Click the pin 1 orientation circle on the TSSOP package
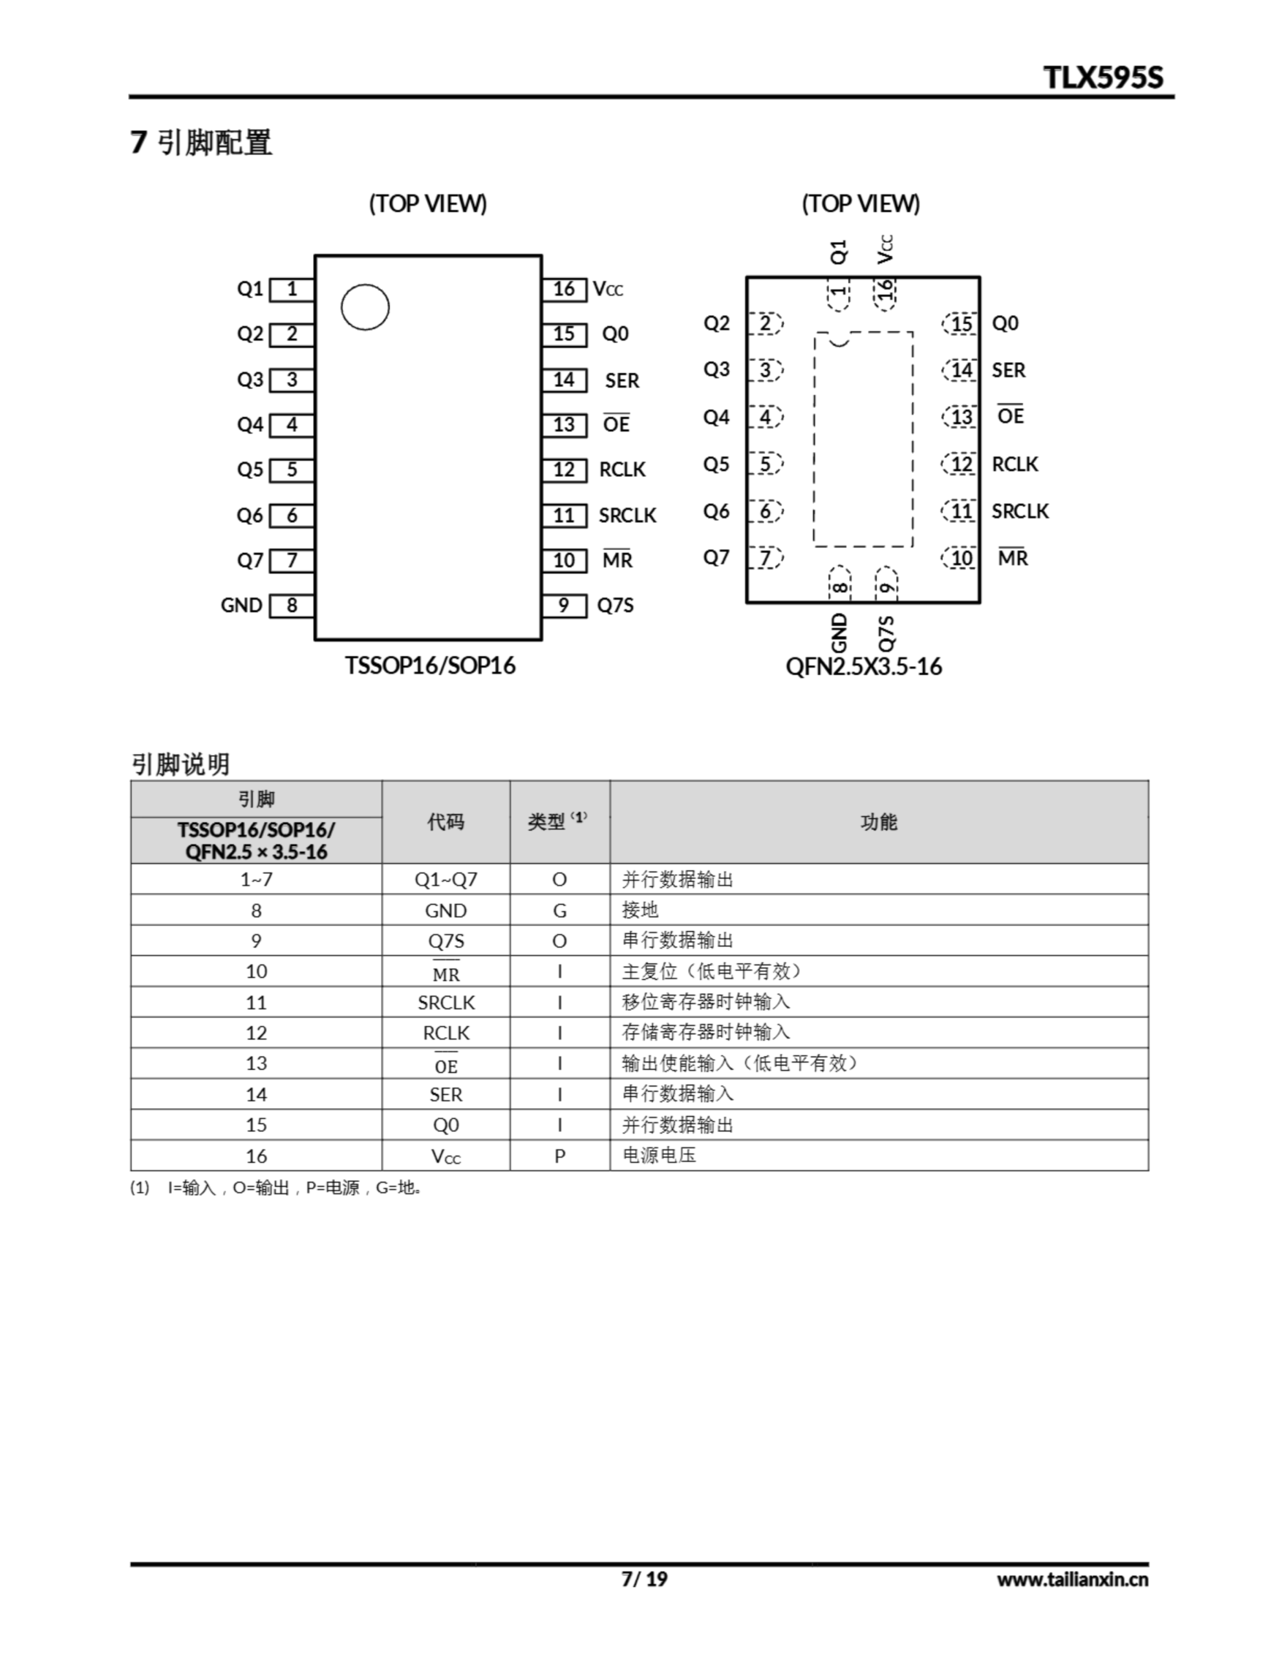click(x=365, y=307)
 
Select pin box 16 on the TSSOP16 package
click(x=564, y=289)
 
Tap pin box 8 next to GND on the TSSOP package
click(x=292, y=606)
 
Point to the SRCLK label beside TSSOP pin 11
click(x=627, y=515)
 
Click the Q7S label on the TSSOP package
click(x=615, y=606)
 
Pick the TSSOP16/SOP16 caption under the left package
click(x=430, y=665)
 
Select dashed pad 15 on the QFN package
click(x=961, y=325)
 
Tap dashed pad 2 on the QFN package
click(x=766, y=324)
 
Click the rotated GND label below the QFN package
click(x=839, y=632)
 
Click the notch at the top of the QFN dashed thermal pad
click(x=839, y=340)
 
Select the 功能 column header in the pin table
click(x=879, y=822)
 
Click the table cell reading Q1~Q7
click(x=446, y=880)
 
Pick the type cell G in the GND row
click(x=559, y=911)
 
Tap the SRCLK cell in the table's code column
click(x=446, y=1003)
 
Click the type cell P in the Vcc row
click(x=559, y=1157)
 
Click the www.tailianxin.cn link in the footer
click(x=1072, y=1579)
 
